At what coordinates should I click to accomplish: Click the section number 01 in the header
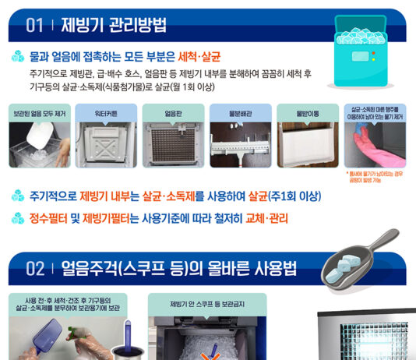click(x=34, y=26)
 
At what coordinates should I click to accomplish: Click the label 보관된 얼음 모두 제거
click(x=38, y=113)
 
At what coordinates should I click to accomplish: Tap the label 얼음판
click(x=173, y=113)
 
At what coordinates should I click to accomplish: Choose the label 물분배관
click(x=240, y=113)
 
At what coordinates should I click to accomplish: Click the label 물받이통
click(x=307, y=113)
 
